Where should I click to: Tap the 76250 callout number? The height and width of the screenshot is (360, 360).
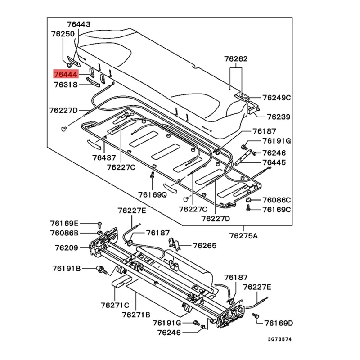point(63,34)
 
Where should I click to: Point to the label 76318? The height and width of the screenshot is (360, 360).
point(66,85)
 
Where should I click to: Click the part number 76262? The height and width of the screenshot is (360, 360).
point(236,59)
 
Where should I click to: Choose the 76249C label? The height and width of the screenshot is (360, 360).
point(277,97)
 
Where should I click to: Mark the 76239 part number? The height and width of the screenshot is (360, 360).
point(279,117)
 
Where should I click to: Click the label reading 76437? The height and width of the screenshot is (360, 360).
point(104,158)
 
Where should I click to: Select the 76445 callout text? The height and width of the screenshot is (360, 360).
point(274,162)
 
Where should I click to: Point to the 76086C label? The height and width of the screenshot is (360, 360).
point(277,200)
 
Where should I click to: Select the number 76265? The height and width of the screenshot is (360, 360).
point(205,246)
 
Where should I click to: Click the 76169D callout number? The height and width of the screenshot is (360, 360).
point(279,323)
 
